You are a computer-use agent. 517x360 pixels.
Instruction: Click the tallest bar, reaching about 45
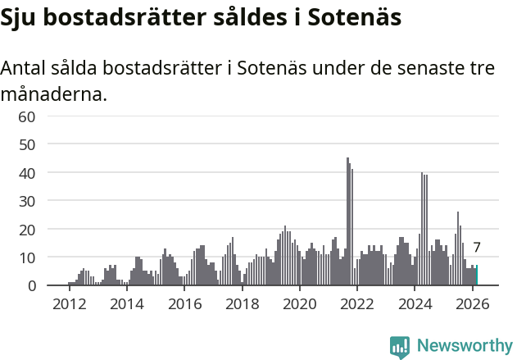click(347, 221)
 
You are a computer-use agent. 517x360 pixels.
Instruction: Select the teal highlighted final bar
click(477, 276)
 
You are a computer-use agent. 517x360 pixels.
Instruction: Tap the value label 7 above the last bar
click(477, 247)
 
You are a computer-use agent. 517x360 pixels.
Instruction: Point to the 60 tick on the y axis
click(27, 116)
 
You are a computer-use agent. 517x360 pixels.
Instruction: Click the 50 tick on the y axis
click(27, 145)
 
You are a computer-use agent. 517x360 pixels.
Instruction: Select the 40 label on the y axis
click(27, 173)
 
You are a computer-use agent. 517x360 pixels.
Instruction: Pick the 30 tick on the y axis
click(27, 202)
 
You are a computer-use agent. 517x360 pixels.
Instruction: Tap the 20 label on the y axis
click(27, 230)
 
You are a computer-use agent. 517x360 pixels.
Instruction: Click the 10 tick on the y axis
click(27, 257)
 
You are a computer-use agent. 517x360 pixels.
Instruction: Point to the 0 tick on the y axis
click(31, 286)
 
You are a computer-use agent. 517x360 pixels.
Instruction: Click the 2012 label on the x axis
click(69, 303)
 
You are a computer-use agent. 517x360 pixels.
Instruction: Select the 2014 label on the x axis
click(126, 303)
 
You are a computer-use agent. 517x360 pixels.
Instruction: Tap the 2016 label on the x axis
click(184, 303)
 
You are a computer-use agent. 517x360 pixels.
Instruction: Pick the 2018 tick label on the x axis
click(242, 303)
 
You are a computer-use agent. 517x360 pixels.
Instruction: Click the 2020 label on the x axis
click(299, 303)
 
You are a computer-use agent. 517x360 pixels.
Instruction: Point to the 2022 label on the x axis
click(357, 303)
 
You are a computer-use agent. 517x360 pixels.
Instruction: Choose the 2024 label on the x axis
click(415, 303)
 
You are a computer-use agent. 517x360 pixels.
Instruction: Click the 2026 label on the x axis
click(473, 303)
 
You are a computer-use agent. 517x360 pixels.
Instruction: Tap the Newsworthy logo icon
click(400, 347)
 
